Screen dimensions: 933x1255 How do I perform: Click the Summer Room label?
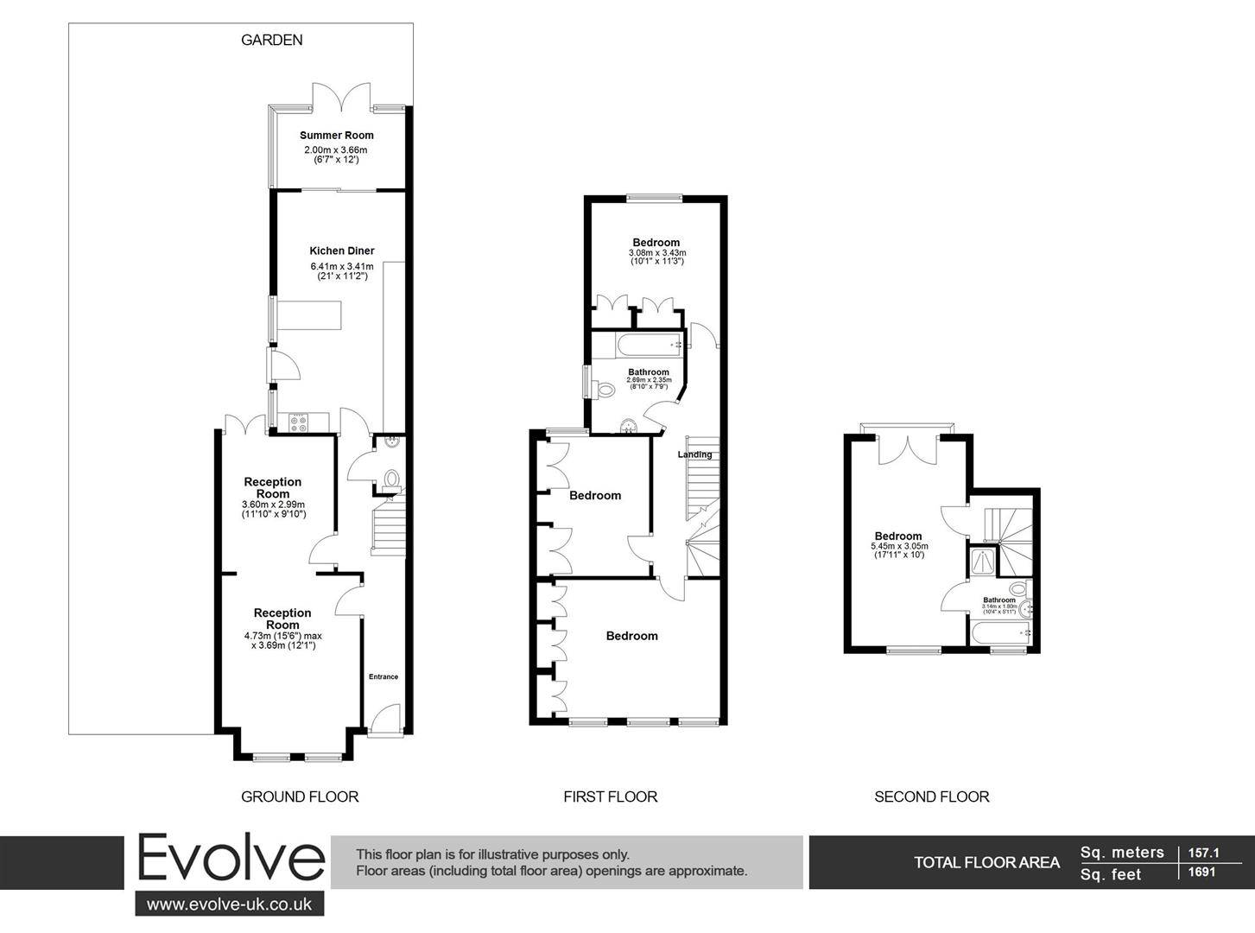[x=337, y=135]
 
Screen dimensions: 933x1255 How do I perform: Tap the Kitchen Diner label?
[x=342, y=251]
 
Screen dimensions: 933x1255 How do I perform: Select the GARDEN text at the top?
[x=272, y=40]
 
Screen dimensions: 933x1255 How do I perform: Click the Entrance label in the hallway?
[x=383, y=676]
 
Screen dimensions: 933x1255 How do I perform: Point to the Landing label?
[x=695, y=454]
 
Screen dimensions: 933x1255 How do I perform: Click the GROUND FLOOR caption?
[x=300, y=797]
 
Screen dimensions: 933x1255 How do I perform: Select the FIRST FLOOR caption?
[x=611, y=797]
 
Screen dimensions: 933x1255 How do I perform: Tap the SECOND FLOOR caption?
[x=932, y=797]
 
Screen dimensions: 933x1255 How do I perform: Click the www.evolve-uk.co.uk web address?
[x=230, y=904]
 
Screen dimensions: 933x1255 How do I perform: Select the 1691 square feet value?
[x=1201, y=873]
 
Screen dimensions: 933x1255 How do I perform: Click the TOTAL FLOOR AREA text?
[x=987, y=862]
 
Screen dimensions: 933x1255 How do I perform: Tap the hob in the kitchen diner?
[x=300, y=422]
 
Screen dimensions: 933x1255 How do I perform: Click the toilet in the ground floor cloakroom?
[x=391, y=479]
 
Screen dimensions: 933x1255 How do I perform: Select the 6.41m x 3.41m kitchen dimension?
[x=342, y=266]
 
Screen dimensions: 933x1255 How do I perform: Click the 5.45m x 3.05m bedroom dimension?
[x=899, y=546]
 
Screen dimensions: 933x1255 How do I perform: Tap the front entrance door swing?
[x=386, y=719]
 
